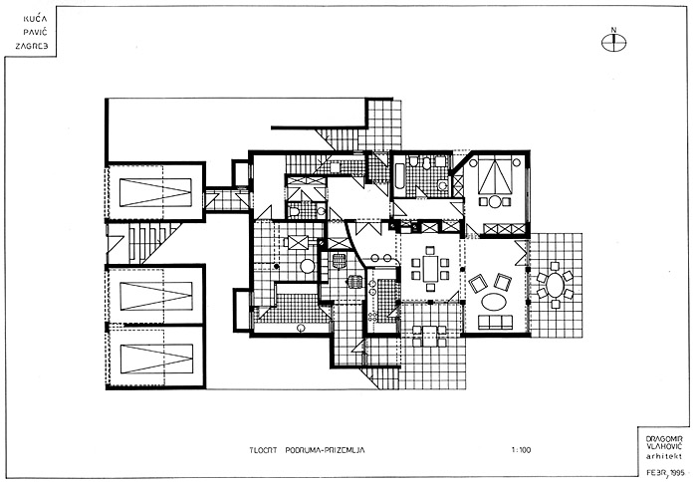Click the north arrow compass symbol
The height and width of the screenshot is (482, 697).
tap(616, 42)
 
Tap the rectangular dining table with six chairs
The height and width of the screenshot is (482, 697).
tap(430, 269)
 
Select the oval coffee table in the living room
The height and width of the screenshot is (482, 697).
tap(496, 301)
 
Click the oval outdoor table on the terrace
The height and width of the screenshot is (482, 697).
tap(553, 286)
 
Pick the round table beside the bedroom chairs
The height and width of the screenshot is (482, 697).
tap(494, 202)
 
